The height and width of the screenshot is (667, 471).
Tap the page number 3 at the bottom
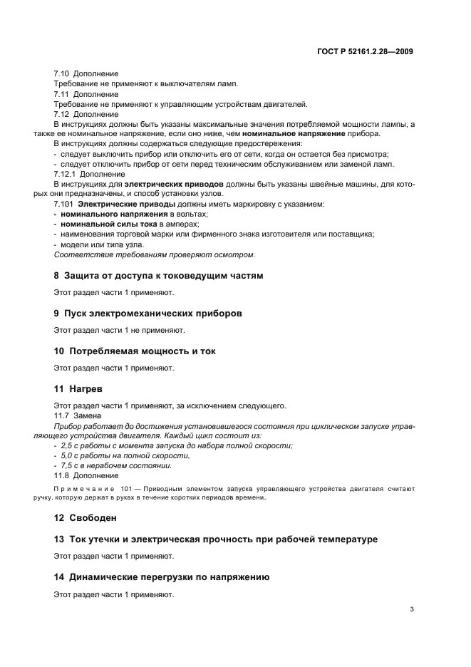(411, 609)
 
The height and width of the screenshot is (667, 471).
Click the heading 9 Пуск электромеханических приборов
(148, 313)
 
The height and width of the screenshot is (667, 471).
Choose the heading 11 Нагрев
(78, 389)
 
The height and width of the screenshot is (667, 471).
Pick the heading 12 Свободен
(85, 517)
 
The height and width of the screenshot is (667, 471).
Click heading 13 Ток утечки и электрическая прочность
(215, 539)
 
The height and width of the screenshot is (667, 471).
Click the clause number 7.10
(62, 74)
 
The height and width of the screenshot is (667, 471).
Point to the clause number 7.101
(63, 205)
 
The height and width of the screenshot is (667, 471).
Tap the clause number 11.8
(62, 475)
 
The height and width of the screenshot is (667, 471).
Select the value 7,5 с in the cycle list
(71, 465)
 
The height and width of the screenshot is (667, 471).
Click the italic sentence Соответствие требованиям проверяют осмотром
(155, 254)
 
